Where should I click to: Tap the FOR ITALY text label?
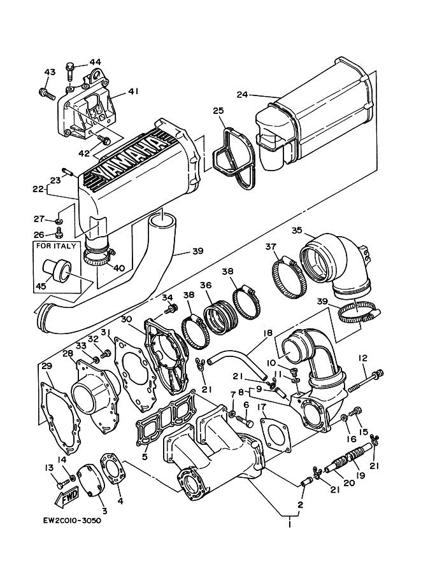click(x=55, y=246)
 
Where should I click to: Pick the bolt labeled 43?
click(x=45, y=93)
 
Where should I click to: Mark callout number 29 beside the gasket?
click(x=45, y=366)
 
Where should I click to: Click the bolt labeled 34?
click(x=170, y=310)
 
